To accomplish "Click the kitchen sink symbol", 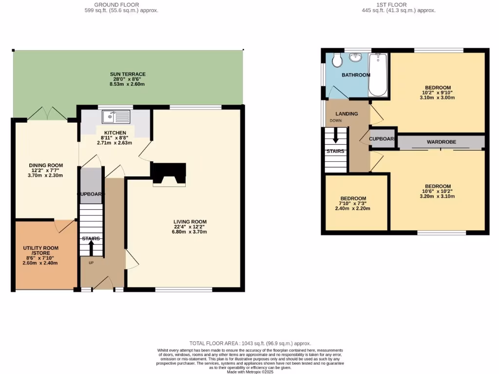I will click(x=115, y=117).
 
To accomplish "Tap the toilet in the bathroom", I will click(x=336, y=60).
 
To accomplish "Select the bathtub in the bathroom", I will click(x=378, y=75).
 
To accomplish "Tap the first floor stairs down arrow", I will click(x=336, y=136).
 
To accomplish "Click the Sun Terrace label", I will click(x=127, y=74).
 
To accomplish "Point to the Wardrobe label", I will click(x=441, y=142).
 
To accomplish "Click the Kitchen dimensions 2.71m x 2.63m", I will click(x=115, y=143).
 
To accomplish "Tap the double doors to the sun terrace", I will click(x=47, y=114).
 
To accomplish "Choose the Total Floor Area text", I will click(x=249, y=343).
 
